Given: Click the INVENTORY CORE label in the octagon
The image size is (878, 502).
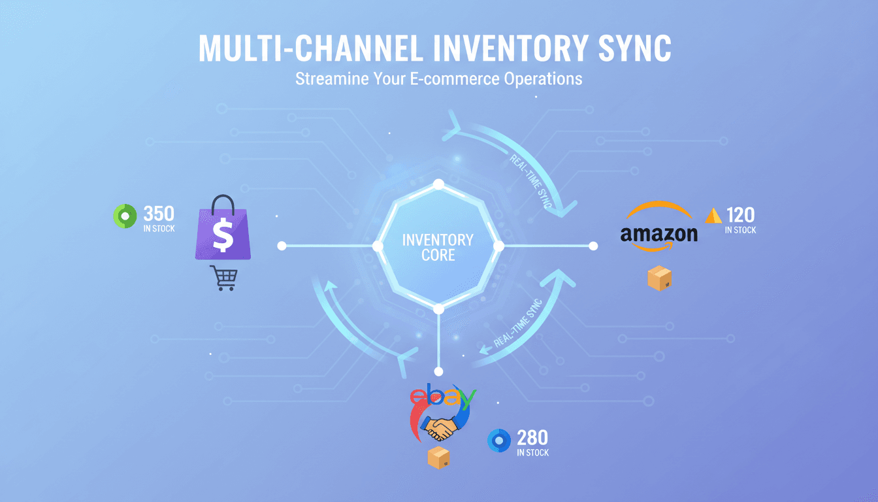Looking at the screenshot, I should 438,246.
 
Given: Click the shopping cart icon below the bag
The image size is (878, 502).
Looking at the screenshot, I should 223,278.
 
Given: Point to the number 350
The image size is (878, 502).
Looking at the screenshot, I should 158,213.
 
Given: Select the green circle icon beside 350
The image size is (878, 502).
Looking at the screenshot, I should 124,216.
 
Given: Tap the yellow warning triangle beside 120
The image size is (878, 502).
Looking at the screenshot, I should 714,216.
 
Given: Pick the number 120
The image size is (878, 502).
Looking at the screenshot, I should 740,214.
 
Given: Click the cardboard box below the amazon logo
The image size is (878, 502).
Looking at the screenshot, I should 659,278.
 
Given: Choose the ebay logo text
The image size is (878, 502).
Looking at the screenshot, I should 442,397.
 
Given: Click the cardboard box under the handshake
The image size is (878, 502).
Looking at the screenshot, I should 438,458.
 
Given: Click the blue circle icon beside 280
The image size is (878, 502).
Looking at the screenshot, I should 499,441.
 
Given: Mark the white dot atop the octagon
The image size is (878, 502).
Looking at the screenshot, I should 438,184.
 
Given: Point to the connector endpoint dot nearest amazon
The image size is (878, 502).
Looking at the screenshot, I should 593,246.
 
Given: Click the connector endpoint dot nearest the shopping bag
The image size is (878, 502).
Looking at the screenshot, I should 282,246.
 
